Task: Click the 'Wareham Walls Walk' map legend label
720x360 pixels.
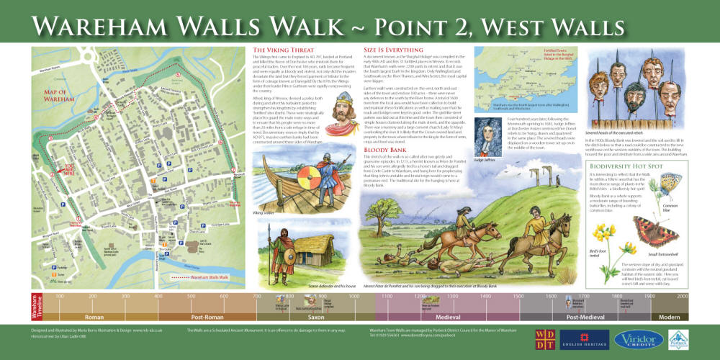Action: coord(209,276)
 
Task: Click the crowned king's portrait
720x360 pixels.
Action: coord(339,115)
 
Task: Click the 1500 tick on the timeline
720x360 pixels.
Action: coord(517,297)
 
